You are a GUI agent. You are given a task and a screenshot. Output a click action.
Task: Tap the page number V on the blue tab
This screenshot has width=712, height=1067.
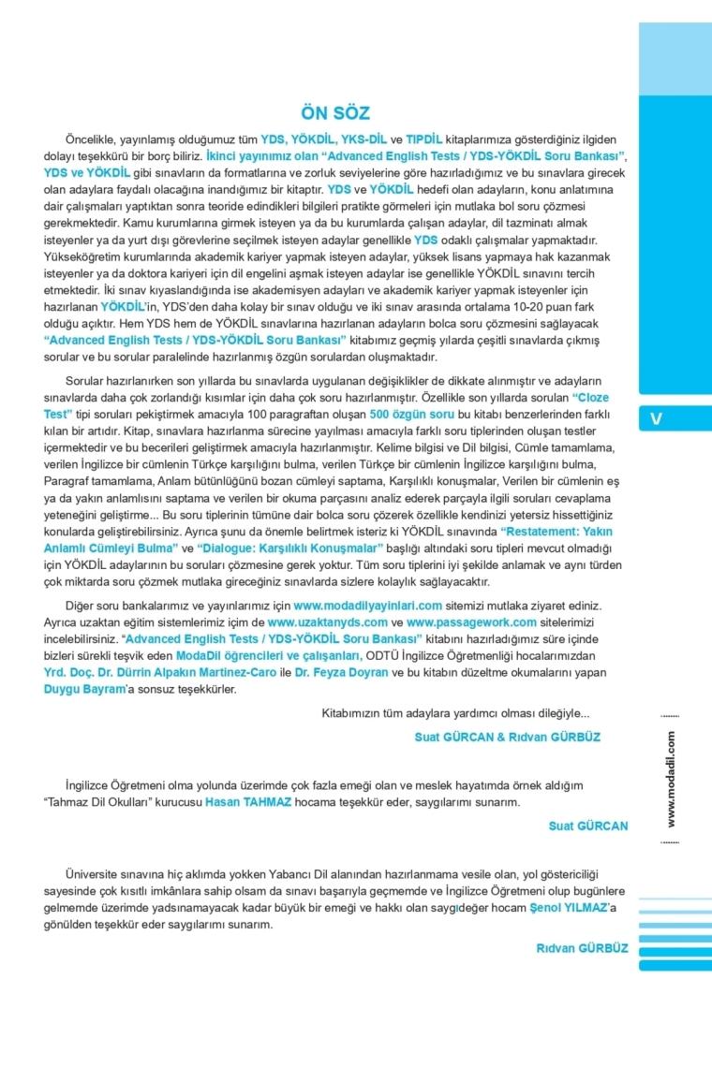coord(656,418)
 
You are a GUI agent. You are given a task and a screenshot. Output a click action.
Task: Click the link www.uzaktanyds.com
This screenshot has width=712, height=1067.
coord(327,621)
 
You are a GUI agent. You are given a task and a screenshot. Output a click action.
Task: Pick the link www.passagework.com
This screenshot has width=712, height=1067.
coord(458,621)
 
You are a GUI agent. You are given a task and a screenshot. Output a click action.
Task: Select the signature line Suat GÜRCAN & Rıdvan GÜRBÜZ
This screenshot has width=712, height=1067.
coord(507,737)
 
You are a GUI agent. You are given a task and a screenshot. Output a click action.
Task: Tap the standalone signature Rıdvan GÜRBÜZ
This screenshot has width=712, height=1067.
coord(582,948)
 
